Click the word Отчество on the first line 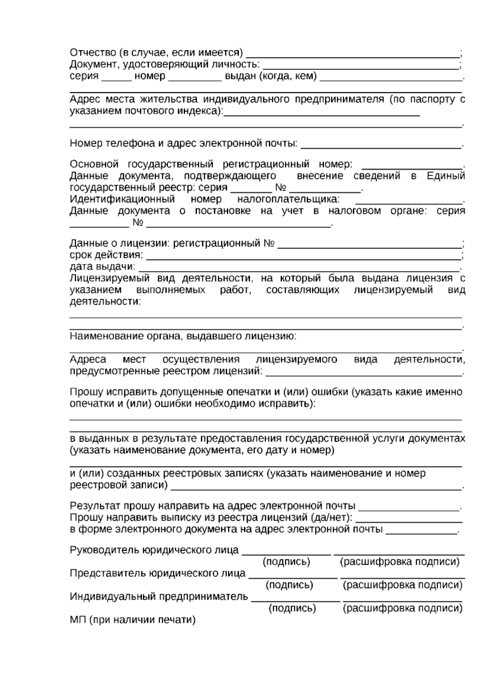click(x=93, y=53)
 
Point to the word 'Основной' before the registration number click(x=94, y=164)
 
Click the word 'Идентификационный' click(x=122, y=199)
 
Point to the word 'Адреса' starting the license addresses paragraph click(x=88, y=360)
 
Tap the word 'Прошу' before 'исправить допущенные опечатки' click(x=86, y=392)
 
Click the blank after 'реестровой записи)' click(x=316, y=486)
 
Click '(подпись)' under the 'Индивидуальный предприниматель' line click(x=292, y=608)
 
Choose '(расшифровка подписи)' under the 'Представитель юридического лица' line click(x=403, y=585)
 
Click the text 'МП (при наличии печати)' click(x=133, y=620)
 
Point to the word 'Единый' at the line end click(x=446, y=176)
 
